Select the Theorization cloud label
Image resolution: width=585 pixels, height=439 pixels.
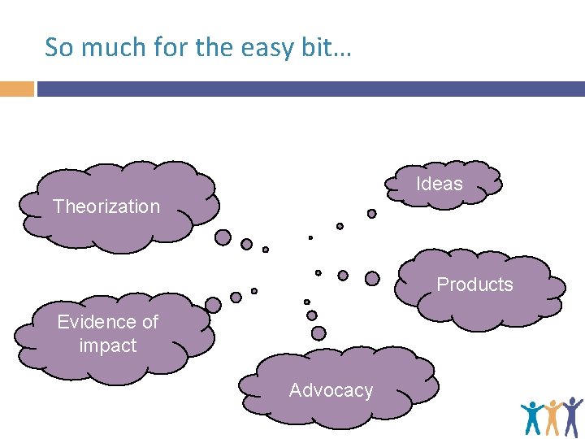[106, 206]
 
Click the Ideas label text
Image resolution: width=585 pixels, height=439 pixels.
[440, 184]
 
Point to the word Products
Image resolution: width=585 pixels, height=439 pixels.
[475, 285]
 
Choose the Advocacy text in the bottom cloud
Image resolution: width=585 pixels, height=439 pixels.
[331, 390]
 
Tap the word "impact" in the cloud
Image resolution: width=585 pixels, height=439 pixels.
[108, 346]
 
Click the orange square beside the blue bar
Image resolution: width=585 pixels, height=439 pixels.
[16, 89]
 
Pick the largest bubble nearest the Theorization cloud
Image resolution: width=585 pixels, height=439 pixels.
[223, 237]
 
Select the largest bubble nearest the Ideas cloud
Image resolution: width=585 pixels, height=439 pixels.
[372, 214]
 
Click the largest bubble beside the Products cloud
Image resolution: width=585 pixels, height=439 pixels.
[372, 278]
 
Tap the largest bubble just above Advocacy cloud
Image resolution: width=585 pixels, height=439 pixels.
[318, 333]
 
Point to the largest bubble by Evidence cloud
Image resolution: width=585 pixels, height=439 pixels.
[213, 305]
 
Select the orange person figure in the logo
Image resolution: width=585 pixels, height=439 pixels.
[553, 415]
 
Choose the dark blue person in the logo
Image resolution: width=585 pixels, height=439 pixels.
[572, 413]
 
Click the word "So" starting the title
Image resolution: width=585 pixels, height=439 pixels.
[58, 47]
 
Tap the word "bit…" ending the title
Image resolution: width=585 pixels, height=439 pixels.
[330, 47]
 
